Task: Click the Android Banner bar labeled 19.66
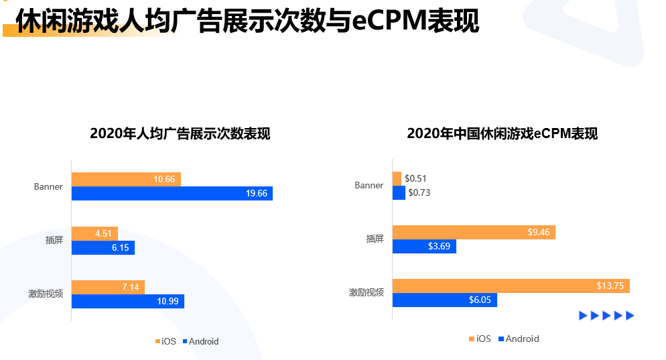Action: pos(172,194)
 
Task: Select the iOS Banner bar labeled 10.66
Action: pos(126,179)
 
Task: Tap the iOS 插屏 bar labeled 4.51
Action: pos(94,233)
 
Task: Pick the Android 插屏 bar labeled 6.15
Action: pos(103,248)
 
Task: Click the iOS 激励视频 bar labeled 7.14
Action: pos(108,287)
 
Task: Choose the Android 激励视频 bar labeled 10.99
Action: pos(127,301)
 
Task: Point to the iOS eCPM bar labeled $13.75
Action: pos(511,286)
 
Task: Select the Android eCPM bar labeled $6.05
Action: pos(444,300)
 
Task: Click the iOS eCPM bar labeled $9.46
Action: pos(474,233)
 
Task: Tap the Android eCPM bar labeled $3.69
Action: pos(424,247)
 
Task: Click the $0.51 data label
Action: pos(415,178)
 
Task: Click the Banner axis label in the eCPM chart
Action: pos(369,185)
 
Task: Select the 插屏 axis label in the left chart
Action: pos(54,240)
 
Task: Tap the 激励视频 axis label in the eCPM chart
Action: pos(367,292)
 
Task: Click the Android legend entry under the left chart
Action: pos(200,341)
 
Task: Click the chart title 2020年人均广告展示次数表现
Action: pos(180,133)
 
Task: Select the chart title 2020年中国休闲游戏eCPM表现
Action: pos(502,133)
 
